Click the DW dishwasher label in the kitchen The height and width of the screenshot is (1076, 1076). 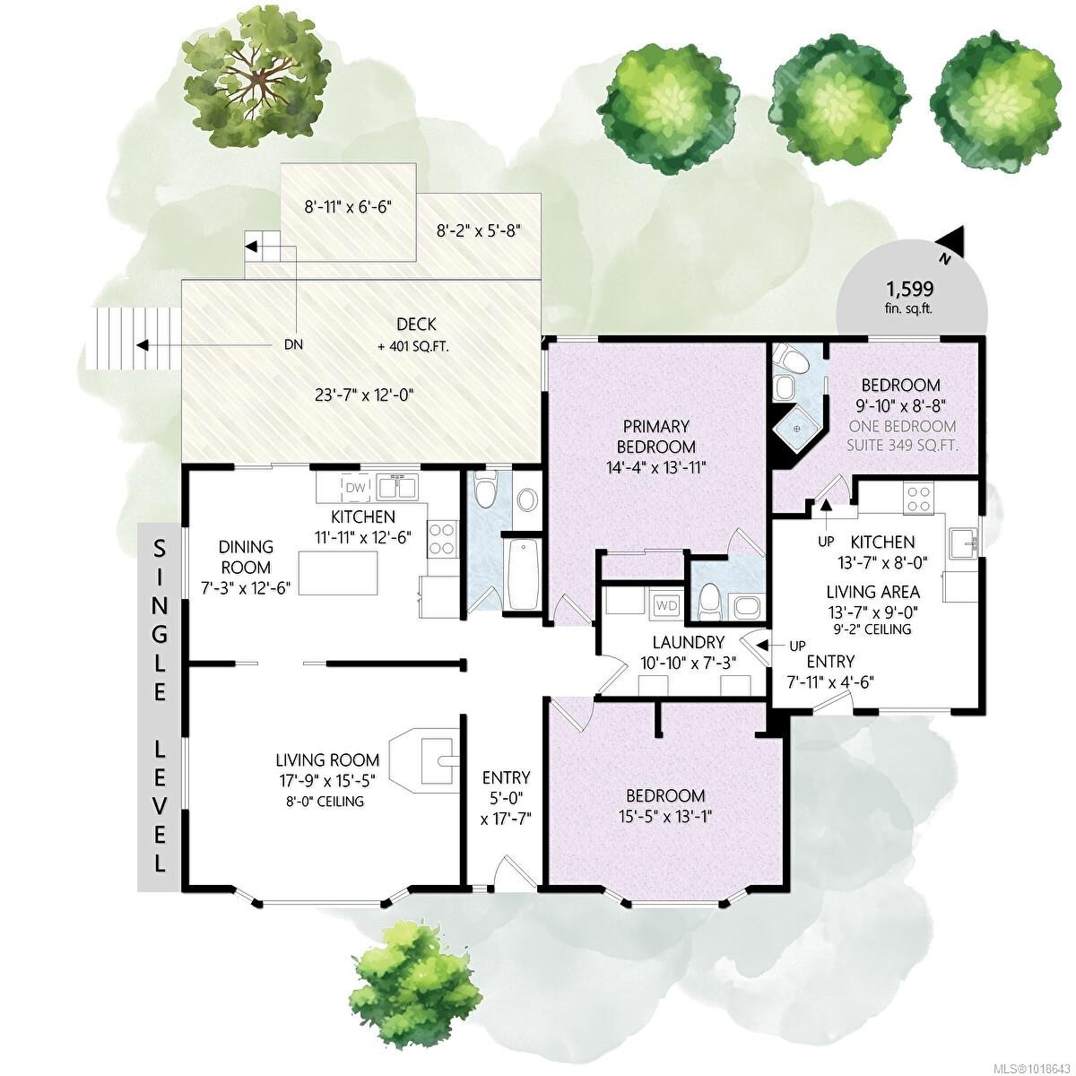tap(355, 487)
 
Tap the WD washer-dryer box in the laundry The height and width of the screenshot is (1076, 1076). tap(667, 605)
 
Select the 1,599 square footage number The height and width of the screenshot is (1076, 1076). tap(910, 289)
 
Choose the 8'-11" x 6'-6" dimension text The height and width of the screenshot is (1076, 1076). tap(348, 206)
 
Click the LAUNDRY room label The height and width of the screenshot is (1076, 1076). tap(688, 642)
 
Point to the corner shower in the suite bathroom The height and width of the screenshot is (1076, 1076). tap(794, 429)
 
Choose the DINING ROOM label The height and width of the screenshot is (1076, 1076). tap(246, 557)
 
